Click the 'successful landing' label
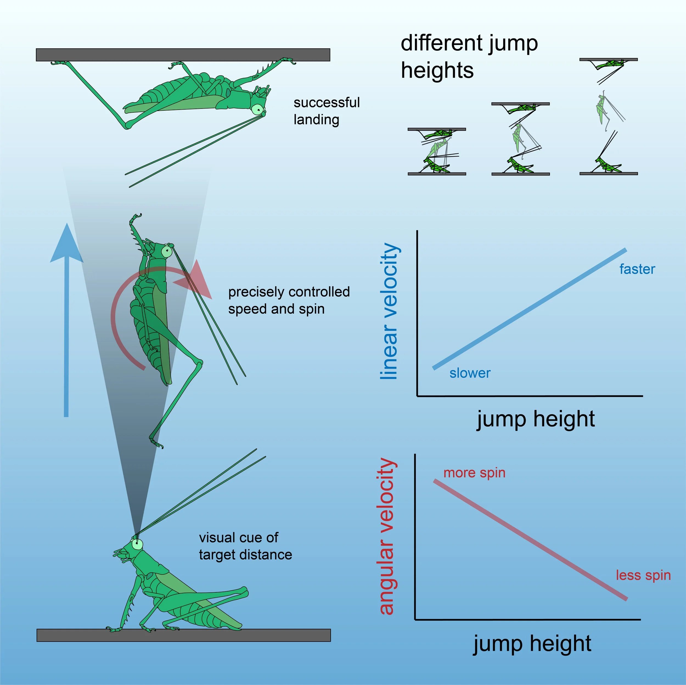(327, 111)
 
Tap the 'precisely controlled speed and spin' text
(289, 300)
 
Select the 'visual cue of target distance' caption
(245, 546)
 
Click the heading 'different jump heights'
(469, 57)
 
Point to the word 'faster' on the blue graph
(637, 269)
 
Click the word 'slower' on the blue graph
(470, 373)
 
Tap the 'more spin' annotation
(474, 473)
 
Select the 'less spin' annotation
(643, 575)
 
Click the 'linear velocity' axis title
(390, 311)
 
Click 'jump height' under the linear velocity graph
(535, 419)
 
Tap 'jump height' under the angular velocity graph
(532, 643)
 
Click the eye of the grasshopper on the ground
(137, 544)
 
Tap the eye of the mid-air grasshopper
(167, 252)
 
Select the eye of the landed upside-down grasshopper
(258, 109)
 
